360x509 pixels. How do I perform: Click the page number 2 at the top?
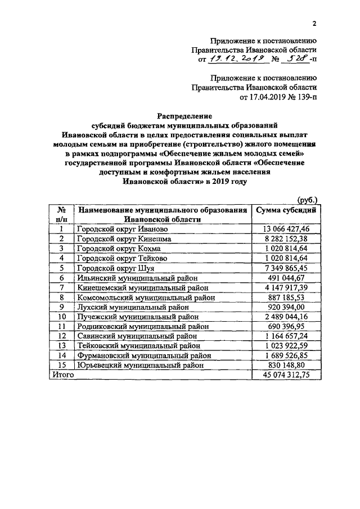pos(314,23)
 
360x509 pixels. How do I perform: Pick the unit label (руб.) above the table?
pos(307,199)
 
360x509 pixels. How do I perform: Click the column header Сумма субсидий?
pos(286,210)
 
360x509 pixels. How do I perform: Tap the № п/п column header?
pos(62,214)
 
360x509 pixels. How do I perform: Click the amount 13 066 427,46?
pos(286,229)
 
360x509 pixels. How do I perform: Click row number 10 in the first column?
pos(62,317)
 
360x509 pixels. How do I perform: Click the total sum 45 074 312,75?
pos(286,375)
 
